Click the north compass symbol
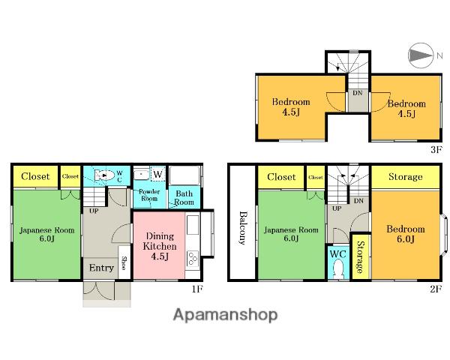click(421, 55)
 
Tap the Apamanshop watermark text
click(225, 315)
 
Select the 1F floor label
click(197, 289)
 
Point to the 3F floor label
click(436, 149)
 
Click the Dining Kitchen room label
click(160, 246)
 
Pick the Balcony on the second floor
click(242, 222)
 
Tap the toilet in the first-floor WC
click(105, 175)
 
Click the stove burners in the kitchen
click(193, 258)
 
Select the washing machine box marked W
click(157, 174)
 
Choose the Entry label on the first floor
click(101, 268)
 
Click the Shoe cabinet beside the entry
click(124, 262)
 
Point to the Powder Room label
click(149, 195)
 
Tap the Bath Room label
click(184, 198)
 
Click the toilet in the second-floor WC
click(339, 268)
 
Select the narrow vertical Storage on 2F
click(360, 256)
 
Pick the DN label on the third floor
click(358, 93)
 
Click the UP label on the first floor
click(94, 211)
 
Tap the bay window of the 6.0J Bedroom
click(444, 234)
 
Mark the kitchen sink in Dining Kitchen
click(193, 225)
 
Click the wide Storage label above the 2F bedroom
click(406, 176)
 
